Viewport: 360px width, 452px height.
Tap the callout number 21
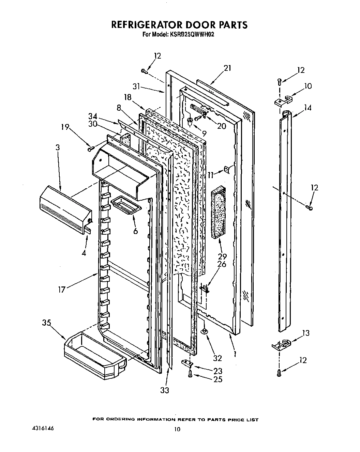pos(227,68)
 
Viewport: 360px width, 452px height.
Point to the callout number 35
pos(46,323)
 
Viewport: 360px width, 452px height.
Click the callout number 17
pos(61,290)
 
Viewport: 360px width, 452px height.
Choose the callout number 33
pos(164,390)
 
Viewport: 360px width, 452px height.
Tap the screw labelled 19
pos(91,149)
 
